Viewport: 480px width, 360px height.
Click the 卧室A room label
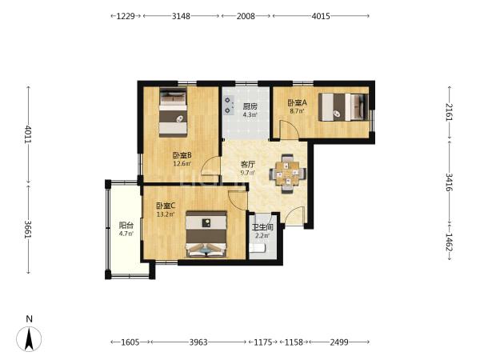[297, 103]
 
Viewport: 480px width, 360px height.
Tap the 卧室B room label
[182, 155]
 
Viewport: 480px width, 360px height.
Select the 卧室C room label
[166, 206]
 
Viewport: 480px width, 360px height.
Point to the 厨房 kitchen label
[250, 106]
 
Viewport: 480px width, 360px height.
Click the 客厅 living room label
[247, 164]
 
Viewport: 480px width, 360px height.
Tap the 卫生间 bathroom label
[262, 227]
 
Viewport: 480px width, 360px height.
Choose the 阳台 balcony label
[126, 226]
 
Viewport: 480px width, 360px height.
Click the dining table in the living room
[287, 174]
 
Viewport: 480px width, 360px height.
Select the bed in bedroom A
[343, 107]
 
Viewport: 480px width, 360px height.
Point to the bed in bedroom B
[173, 112]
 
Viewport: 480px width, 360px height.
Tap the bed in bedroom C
[206, 234]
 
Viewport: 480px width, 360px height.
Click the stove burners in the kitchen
[228, 105]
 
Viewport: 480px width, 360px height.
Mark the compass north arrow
[29, 338]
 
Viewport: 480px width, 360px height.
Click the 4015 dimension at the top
[321, 16]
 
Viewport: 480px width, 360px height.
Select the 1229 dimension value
[126, 16]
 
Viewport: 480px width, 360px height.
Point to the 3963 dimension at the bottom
[198, 342]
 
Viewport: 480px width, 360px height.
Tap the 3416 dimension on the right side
[449, 182]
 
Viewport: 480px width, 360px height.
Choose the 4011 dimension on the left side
[28, 134]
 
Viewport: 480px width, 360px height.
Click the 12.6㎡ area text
[182, 163]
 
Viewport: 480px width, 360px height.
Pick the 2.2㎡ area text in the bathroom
[262, 235]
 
